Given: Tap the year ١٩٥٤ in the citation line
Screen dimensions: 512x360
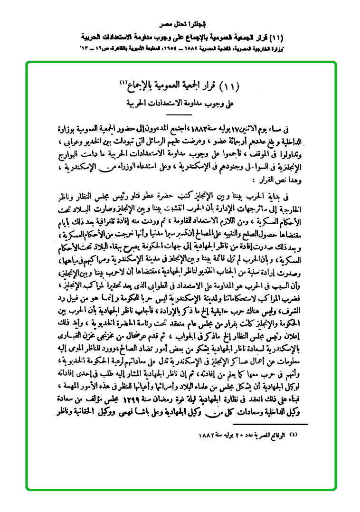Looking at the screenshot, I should [x=176, y=48].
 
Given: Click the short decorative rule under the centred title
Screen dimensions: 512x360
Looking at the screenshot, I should [x=180, y=114].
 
